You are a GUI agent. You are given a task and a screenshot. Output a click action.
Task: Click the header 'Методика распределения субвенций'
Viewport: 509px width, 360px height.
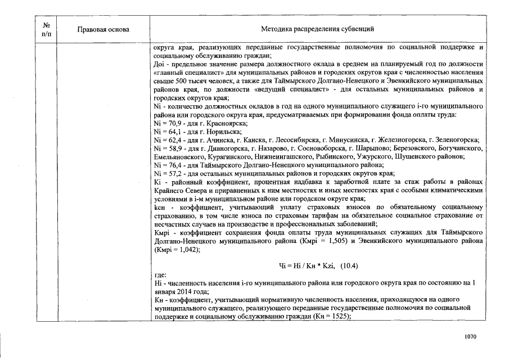(x=318, y=29)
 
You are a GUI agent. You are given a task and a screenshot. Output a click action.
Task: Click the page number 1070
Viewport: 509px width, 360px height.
(x=471, y=336)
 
